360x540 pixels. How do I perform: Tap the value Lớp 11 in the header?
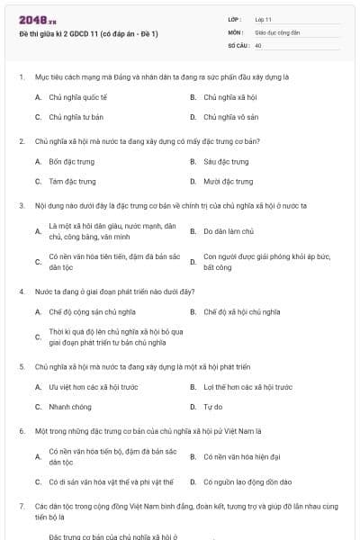(264, 18)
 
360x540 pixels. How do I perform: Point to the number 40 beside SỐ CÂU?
(258, 44)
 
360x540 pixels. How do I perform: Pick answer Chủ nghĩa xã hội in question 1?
(231, 96)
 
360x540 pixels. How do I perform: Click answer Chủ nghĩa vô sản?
(231, 116)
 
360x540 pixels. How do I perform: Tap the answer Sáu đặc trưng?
(226, 162)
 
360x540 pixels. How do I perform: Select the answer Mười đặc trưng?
(227, 181)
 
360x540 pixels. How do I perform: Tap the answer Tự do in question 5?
(212, 407)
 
